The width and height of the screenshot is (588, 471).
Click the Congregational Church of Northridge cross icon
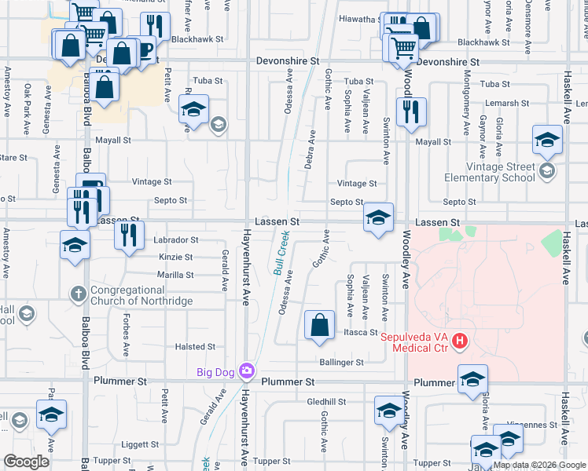(77, 294)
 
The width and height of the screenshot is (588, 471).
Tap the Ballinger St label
(341, 363)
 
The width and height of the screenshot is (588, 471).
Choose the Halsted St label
(195, 346)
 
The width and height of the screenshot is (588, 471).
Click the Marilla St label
(175, 275)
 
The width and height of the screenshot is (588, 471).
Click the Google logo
(27, 462)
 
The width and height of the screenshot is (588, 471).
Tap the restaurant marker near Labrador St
(129, 235)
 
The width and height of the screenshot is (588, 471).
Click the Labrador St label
(176, 239)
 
